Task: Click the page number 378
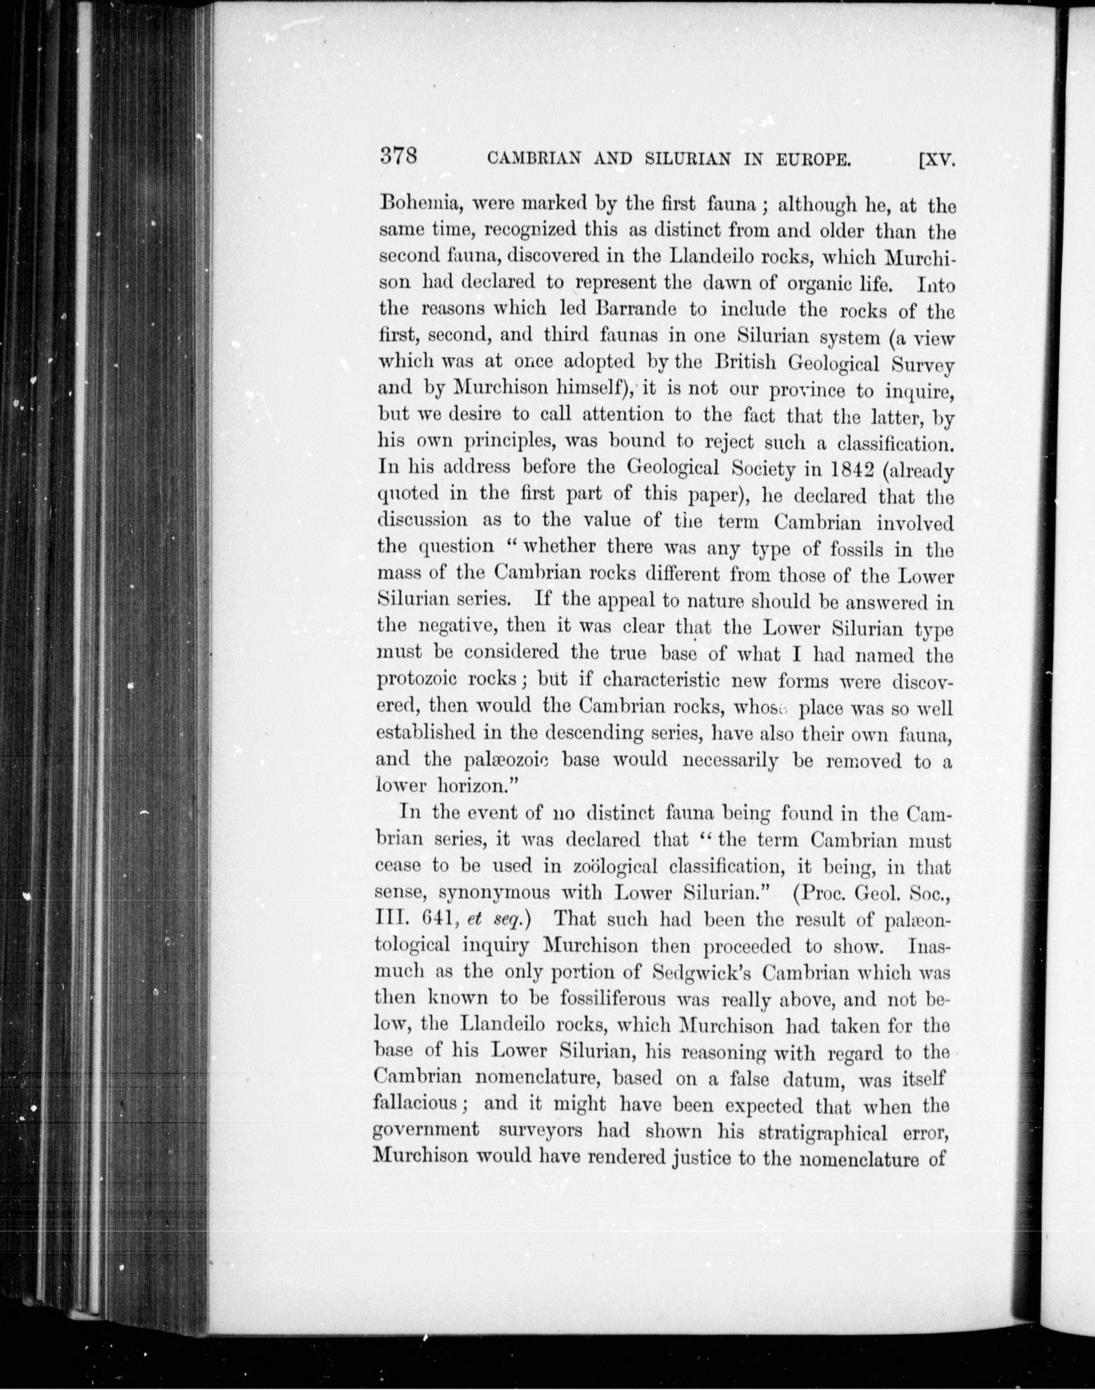[399, 156]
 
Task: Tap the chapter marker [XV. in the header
[937, 158]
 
